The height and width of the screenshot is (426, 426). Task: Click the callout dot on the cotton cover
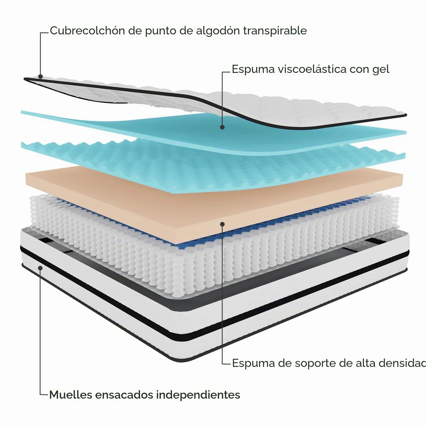click(40, 76)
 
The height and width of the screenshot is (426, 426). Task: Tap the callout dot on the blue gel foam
click(222, 127)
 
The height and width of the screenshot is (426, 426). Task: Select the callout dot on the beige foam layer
click(222, 224)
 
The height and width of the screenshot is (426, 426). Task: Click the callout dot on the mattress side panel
click(40, 268)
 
